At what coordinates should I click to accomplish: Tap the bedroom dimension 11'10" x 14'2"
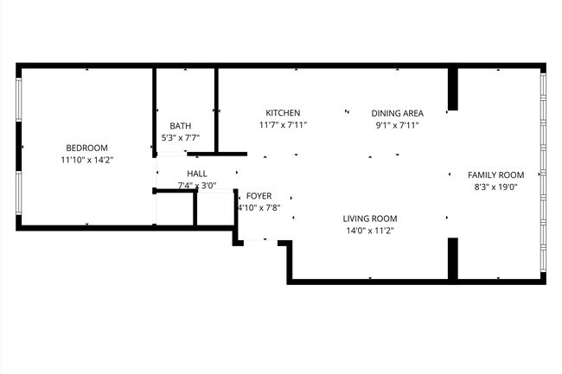(87, 160)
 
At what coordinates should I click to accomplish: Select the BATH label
(180, 125)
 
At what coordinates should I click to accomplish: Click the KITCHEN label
(283, 113)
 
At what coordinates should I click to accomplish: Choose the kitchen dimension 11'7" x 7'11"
(283, 125)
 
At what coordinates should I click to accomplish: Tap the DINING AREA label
(397, 113)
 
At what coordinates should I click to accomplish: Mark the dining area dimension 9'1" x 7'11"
(397, 125)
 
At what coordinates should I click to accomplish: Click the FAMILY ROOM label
(495, 174)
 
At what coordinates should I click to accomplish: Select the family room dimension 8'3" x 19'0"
(495, 187)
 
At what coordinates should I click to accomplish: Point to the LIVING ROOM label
(369, 219)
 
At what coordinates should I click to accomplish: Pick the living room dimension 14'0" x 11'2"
(369, 231)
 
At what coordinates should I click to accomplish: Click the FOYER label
(259, 196)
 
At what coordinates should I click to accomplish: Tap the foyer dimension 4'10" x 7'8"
(259, 208)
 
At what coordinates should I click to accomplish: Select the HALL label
(196, 174)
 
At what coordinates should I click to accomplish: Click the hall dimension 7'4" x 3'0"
(196, 186)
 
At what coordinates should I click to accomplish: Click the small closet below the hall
(176, 210)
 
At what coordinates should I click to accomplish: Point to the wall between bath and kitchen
(216, 108)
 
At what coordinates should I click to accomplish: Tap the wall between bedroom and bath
(155, 108)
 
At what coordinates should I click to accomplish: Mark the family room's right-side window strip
(543, 173)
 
